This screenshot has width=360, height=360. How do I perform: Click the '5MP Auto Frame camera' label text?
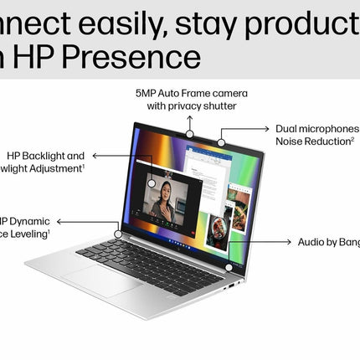(192, 93)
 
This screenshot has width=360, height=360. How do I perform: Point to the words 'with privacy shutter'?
(191, 106)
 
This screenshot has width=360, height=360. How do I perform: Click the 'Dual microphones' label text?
(316, 129)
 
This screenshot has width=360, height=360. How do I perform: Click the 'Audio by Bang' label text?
(328, 242)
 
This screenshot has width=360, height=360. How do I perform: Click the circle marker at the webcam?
(191, 133)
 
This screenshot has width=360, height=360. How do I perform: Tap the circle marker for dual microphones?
(221, 142)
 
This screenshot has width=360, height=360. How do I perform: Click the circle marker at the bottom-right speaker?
(228, 267)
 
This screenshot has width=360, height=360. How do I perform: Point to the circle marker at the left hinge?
(118, 234)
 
